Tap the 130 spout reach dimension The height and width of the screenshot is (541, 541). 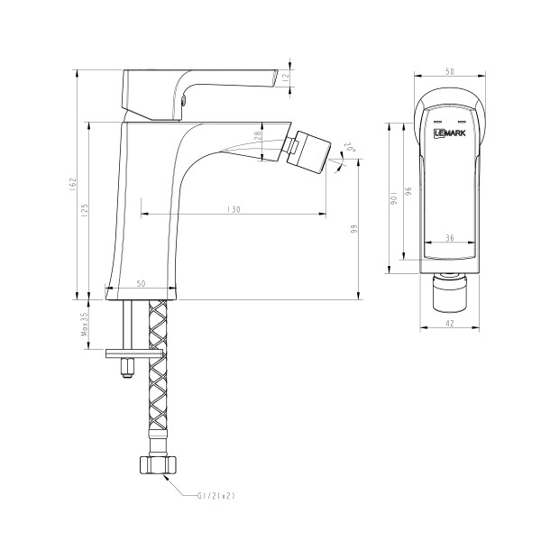234,208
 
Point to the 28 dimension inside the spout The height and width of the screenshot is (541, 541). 257,135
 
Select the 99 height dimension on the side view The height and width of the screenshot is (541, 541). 355,231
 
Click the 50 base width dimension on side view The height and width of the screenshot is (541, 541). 141,284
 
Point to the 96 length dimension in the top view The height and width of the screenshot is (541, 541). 408,193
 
